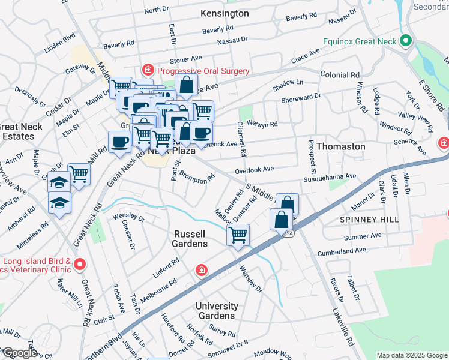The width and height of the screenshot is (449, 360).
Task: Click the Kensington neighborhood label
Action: (x=208, y=13)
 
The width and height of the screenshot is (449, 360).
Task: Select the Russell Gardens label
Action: (x=191, y=239)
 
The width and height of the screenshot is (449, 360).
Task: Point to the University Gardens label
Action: (x=217, y=311)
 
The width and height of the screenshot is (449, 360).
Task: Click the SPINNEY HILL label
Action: (x=369, y=220)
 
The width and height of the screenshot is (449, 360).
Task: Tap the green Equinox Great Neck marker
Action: (x=406, y=41)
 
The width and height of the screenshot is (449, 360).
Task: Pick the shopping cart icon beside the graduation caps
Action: (x=79, y=174)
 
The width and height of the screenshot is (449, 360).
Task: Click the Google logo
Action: (x=20, y=353)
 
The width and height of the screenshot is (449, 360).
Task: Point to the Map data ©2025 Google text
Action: (x=412, y=355)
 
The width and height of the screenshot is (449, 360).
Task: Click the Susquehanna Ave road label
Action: (x=330, y=177)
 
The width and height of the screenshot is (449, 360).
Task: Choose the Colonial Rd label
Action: (x=339, y=76)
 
